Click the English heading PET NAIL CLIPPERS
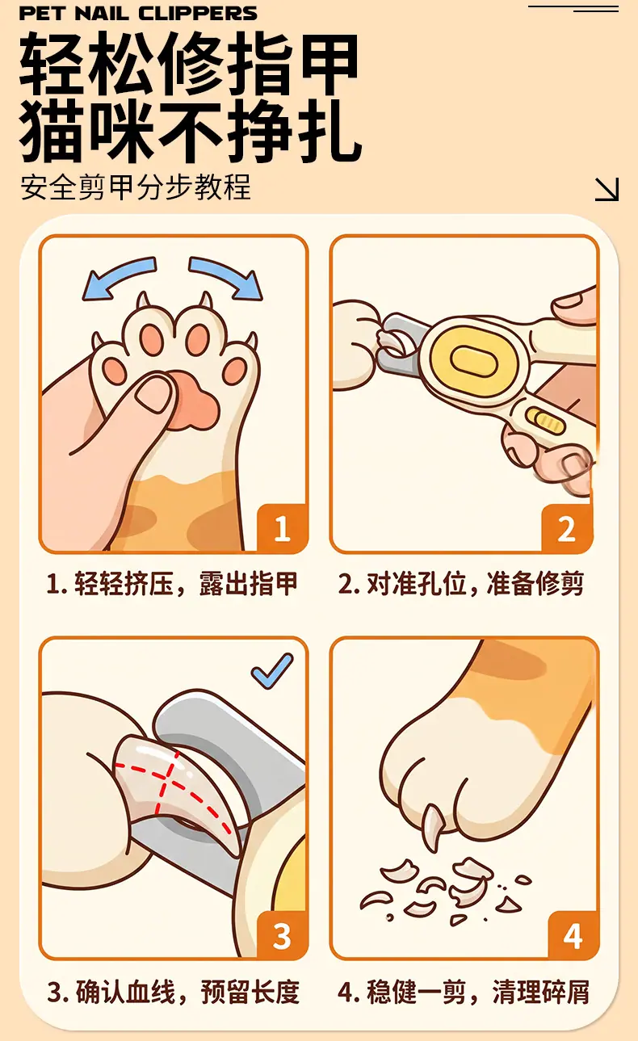pos(138,13)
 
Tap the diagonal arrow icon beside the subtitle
pos(607,189)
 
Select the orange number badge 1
pos(282,528)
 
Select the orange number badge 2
pos(567,528)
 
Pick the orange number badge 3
pos(282,935)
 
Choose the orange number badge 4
pos(573,935)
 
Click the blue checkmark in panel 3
pos(272,670)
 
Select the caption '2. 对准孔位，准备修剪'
pos(461,584)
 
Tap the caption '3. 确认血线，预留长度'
pos(174,991)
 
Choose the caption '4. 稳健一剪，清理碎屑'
pos(464,991)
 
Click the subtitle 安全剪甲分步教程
pos(135,187)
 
